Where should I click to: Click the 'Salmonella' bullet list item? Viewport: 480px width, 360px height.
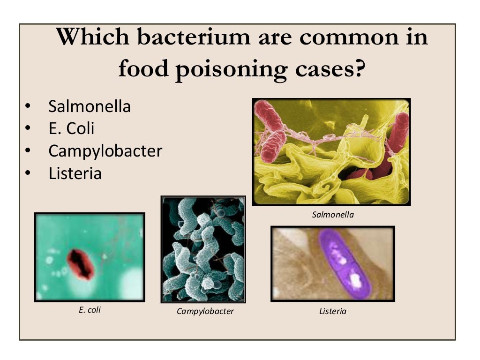pos(90,106)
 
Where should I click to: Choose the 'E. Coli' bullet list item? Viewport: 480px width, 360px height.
pos(71,128)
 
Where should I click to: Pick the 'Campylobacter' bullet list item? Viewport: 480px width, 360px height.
pos(105,151)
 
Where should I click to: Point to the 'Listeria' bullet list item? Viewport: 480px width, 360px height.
pos(75,173)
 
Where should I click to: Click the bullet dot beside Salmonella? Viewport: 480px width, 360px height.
pos(28,107)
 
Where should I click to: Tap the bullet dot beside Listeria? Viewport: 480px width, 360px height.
pos(28,174)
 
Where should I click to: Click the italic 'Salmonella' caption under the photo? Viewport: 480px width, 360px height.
pos(333,215)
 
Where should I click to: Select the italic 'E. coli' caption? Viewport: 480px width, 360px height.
pos(90,309)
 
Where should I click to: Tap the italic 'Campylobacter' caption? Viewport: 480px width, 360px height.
pos(205,311)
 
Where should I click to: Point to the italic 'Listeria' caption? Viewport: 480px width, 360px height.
pos(332,311)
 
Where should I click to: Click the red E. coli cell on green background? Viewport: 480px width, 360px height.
pos(80,264)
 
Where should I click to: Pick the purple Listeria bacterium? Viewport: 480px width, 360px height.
pos(345,263)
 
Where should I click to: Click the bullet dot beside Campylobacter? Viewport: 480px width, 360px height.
pos(28,151)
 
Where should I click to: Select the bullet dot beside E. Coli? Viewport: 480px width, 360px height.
pos(28,129)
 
